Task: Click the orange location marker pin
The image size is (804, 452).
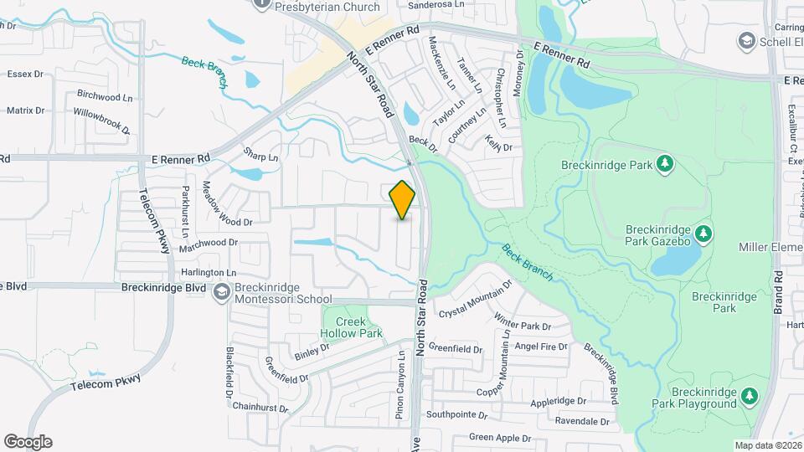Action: point(403,200)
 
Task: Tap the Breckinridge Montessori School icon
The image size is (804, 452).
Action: point(222,291)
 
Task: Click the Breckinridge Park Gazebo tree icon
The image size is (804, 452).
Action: point(703,232)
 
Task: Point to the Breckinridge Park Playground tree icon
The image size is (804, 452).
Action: point(750,395)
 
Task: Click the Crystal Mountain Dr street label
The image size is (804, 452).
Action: point(475,298)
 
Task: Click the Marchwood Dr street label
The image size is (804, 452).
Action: point(209,243)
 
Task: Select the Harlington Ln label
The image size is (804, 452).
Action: point(209,273)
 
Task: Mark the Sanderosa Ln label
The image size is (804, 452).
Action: point(435,4)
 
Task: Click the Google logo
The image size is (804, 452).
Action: point(28,441)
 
